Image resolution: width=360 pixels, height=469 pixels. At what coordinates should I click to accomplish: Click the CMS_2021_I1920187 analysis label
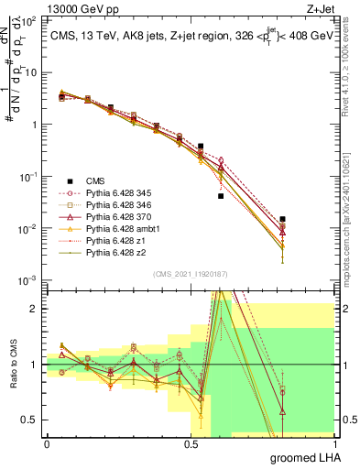click(x=191, y=273)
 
